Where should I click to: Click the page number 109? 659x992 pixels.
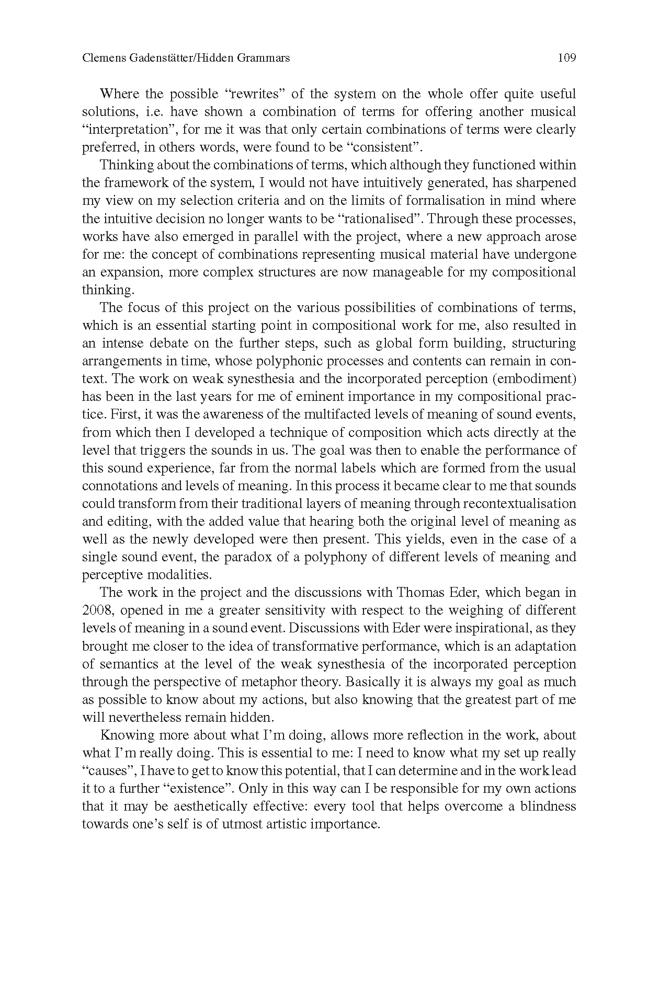[566, 58]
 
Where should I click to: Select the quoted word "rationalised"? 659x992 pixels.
[383, 218]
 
